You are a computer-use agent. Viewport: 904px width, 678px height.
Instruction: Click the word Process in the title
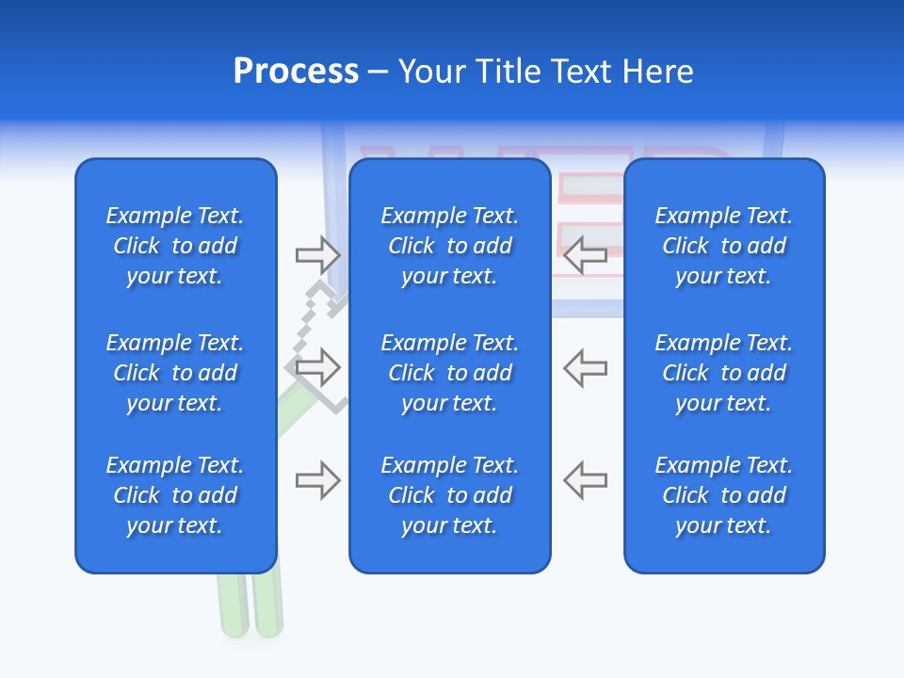(296, 72)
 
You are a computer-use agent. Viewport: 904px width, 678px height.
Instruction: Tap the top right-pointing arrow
(317, 254)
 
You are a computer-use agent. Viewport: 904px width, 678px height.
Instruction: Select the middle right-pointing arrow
(317, 367)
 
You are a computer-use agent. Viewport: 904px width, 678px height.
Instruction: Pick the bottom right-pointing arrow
(317, 480)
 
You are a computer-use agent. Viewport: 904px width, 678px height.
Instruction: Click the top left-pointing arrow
(585, 254)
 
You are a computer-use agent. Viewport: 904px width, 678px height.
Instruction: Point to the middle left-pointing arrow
(585, 367)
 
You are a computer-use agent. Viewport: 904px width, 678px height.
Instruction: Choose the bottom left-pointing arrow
(585, 480)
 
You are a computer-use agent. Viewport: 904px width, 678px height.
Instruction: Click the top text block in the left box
(175, 246)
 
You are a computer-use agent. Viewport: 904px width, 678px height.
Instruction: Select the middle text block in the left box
(175, 373)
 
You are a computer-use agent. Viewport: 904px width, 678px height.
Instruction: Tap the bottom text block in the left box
(175, 495)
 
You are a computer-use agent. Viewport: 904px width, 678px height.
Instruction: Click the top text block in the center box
(449, 246)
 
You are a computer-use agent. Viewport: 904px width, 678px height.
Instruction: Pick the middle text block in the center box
(449, 373)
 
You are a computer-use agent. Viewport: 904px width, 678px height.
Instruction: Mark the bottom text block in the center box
(449, 495)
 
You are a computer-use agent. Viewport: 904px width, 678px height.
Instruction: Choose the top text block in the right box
(723, 246)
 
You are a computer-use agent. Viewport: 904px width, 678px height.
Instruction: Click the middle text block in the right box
(723, 373)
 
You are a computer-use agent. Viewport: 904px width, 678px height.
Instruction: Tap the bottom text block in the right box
(723, 495)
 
